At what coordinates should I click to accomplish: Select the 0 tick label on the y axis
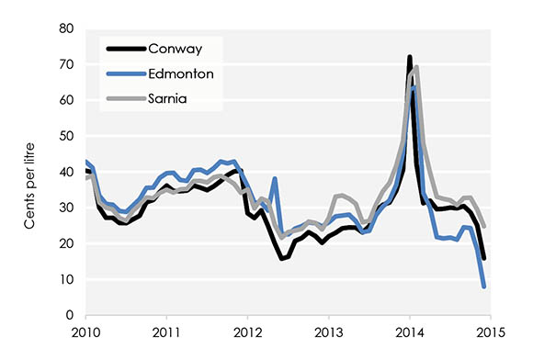click(68, 315)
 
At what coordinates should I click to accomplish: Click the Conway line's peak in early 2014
click(409, 57)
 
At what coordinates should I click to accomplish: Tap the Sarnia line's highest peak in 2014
click(417, 66)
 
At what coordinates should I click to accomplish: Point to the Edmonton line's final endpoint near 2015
click(483, 287)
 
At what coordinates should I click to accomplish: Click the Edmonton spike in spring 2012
click(274, 179)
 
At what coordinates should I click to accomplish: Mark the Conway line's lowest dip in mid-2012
click(282, 259)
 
